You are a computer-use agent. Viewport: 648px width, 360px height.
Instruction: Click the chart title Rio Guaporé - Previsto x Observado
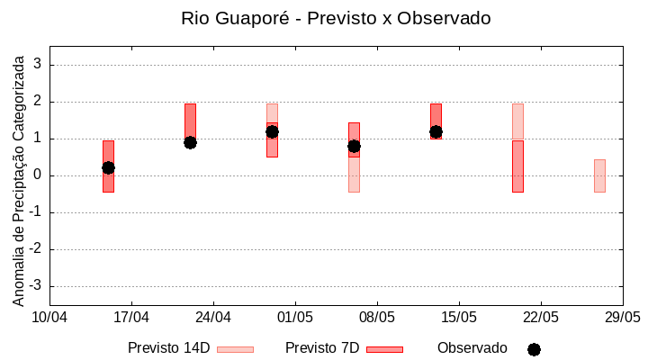pyautogui.click(x=336, y=18)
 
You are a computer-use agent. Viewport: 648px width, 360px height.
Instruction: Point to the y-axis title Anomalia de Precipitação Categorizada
pyautogui.click(x=19, y=179)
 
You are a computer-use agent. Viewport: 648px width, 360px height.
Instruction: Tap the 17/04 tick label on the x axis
pyautogui.click(x=131, y=317)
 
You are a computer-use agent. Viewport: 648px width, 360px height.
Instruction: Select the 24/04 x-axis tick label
pyautogui.click(x=213, y=317)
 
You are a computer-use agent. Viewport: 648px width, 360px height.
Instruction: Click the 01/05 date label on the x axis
pyautogui.click(x=295, y=317)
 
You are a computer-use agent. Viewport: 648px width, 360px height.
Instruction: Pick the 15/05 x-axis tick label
pyautogui.click(x=459, y=317)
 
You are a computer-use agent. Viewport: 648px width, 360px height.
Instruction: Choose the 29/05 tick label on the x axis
pyautogui.click(x=622, y=317)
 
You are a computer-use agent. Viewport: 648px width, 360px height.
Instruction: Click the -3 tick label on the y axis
pyautogui.click(x=35, y=286)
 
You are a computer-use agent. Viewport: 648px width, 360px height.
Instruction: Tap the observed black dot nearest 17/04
pyautogui.click(x=108, y=167)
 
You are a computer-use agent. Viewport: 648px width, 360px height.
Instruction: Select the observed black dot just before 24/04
pyautogui.click(x=190, y=142)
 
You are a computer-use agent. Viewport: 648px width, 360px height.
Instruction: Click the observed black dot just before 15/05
pyautogui.click(x=436, y=131)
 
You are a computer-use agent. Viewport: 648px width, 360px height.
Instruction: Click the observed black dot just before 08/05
pyautogui.click(x=354, y=146)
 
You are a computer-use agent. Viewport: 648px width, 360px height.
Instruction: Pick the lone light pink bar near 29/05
pyautogui.click(x=599, y=175)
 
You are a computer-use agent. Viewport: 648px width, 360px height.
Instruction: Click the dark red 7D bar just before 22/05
pyautogui.click(x=517, y=166)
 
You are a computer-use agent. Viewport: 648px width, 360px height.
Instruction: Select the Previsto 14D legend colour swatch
pyautogui.click(x=235, y=349)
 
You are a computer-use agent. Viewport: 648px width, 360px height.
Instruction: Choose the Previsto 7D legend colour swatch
pyautogui.click(x=384, y=349)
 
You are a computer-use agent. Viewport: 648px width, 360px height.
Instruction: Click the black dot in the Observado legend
pyautogui.click(x=534, y=349)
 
